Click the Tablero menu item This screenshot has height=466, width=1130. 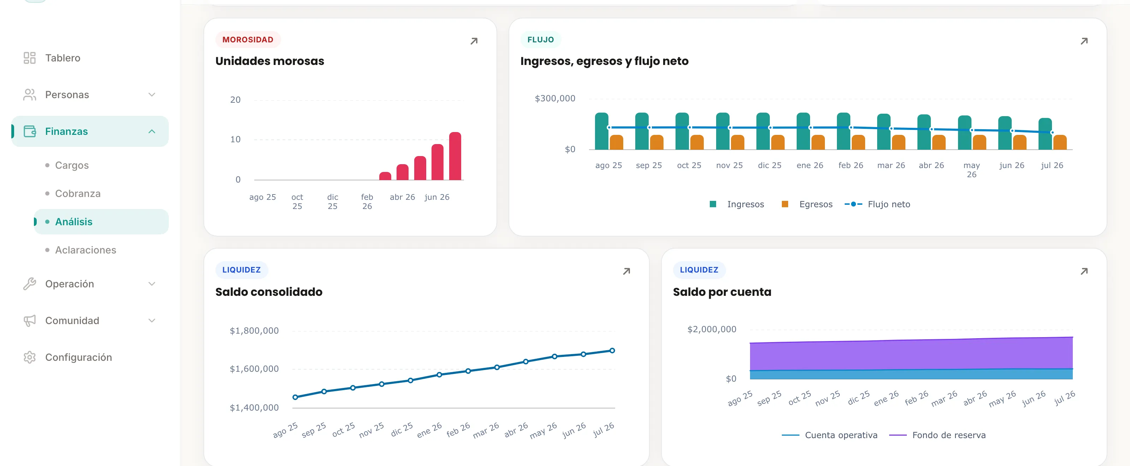click(52, 58)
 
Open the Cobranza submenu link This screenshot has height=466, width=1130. click(78, 193)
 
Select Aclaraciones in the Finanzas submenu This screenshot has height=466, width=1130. click(85, 250)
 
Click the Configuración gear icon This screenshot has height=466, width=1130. click(29, 357)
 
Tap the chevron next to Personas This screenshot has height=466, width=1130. click(152, 95)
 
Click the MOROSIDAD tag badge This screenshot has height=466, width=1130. click(248, 40)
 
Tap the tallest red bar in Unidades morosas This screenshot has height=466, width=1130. click(455, 156)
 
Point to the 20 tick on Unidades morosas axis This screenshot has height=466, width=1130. click(236, 100)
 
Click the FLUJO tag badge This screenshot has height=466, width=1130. click(540, 40)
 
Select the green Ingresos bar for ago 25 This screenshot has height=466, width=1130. click(601, 131)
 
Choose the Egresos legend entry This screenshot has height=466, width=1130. click(807, 204)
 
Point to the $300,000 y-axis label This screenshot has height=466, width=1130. click(555, 98)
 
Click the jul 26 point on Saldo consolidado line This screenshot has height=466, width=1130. click(612, 351)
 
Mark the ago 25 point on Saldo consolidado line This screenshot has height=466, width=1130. click(295, 397)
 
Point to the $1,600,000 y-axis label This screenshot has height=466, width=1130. click(254, 369)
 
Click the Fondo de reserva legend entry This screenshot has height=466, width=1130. click(938, 435)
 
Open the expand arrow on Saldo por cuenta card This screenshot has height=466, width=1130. click(1084, 271)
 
